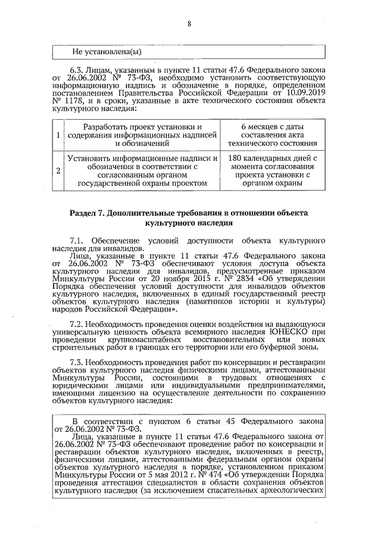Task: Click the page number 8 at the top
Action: click(x=189, y=24)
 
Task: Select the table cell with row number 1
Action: click(x=58, y=135)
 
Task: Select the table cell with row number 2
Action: click(x=58, y=171)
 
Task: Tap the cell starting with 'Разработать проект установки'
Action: click(x=142, y=135)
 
